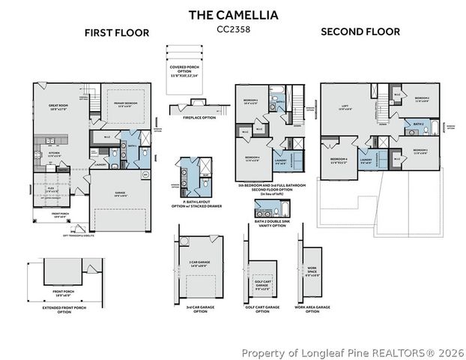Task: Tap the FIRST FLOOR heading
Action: tap(116, 32)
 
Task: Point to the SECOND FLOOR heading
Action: tap(360, 31)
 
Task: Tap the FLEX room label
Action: tap(52, 190)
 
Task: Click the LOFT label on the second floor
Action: tap(346, 107)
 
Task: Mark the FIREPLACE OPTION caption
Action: tap(199, 118)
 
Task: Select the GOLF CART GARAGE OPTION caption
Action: tap(262, 308)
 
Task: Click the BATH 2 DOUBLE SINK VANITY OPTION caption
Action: tap(270, 223)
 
